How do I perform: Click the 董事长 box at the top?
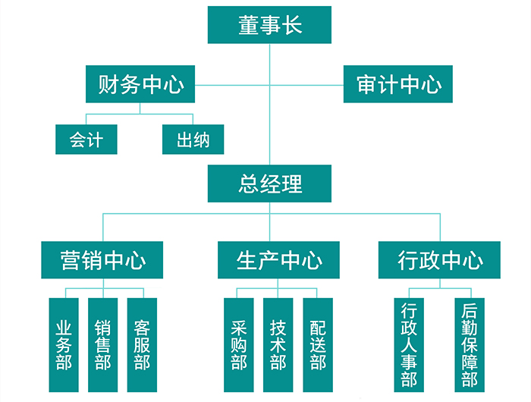coord(270,25)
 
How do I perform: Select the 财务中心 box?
coord(140,84)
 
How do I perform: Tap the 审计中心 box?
coord(398,84)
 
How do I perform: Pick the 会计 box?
coord(86,140)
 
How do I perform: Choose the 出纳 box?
coord(193,140)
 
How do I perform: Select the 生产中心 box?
coord(278,261)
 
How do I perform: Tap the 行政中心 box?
coord(439,261)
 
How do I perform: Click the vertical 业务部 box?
coord(64,344)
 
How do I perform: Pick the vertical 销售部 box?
coord(102,344)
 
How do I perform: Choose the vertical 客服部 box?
coord(141,344)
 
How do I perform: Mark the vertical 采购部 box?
coord(239,344)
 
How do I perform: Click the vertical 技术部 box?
coord(278,344)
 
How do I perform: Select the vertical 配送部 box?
coord(318,344)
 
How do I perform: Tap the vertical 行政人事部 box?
coord(410,344)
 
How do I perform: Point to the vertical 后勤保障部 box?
coord(469,344)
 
